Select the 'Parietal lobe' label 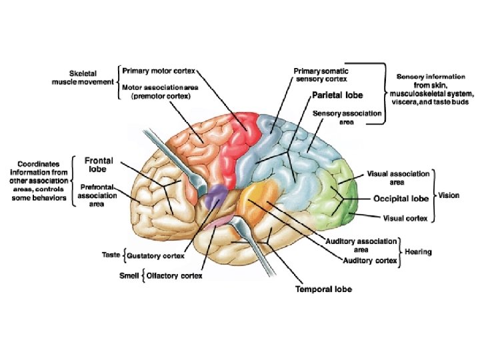click(x=338, y=96)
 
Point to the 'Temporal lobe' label click(x=323, y=289)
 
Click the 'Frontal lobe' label click(x=98, y=165)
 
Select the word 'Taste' click(x=111, y=255)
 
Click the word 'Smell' click(x=129, y=275)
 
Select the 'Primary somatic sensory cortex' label click(x=321, y=73)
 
